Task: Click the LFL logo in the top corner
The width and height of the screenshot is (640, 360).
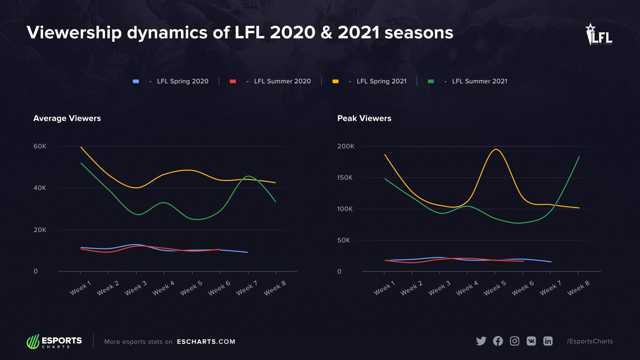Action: pyautogui.click(x=599, y=34)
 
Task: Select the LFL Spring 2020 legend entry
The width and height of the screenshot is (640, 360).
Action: pyautogui.click(x=182, y=81)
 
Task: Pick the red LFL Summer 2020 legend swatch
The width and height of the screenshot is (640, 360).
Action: pyautogui.click(x=233, y=81)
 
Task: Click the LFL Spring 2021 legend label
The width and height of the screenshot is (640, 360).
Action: pyautogui.click(x=381, y=81)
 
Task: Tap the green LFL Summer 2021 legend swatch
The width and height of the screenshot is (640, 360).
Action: pyautogui.click(x=431, y=81)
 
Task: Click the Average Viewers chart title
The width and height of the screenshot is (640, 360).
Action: pyautogui.click(x=67, y=118)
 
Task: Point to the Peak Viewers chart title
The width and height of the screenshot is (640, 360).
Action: pyautogui.click(x=364, y=118)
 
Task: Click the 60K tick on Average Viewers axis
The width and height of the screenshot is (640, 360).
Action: pyautogui.click(x=40, y=146)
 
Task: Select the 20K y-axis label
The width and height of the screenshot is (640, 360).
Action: pyautogui.click(x=40, y=230)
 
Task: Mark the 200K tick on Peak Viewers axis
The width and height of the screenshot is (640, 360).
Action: pyautogui.click(x=346, y=146)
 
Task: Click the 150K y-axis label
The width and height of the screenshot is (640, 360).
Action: pyautogui.click(x=345, y=178)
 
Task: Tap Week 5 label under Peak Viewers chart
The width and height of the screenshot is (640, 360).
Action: pyautogui.click(x=495, y=288)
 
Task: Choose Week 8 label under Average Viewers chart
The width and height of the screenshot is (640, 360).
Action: pyautogui.click(x=275, y=288)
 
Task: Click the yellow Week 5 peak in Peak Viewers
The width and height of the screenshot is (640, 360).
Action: pyautogui.click(x=496, y=149)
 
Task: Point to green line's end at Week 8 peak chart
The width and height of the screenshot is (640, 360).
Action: pyautogui.click(x=579, y=157)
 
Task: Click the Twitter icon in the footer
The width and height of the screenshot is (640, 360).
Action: pyautogui.click(x=481, y=341)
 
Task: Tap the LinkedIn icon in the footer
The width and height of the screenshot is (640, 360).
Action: pyautogui.click(x=548, y=341)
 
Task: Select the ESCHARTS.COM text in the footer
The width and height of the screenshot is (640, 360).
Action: pyautogui.click(x=206, y=342)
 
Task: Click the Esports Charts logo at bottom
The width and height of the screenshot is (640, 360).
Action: pyautogui.click(x=54, y=342)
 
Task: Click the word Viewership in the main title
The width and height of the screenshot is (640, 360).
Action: pyautogui.click(x=74, y=33)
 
